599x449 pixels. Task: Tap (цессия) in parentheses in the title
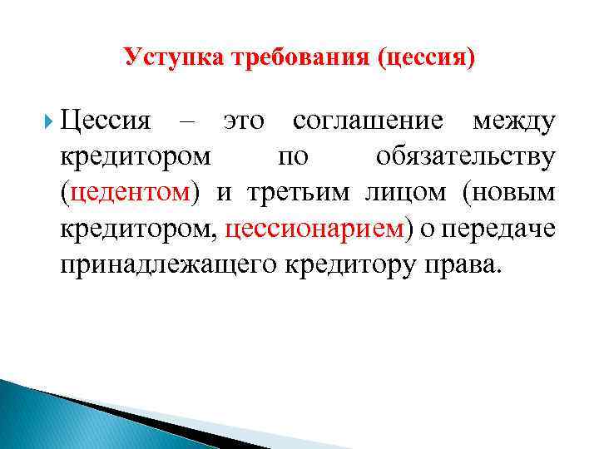pyautogui.click(x=427, y=57)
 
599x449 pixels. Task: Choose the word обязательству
pyautogui.click(x=466, y=158)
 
